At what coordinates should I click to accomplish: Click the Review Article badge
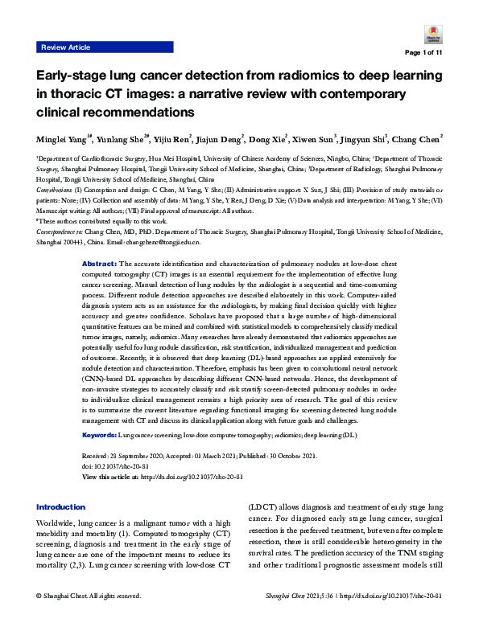[67, 48]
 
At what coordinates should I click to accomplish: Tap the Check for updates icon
[429, 33]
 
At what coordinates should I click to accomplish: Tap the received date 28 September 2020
[149, 456]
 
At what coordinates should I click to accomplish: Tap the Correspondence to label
[64, 232]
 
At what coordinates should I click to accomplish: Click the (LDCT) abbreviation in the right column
[262, 507]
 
